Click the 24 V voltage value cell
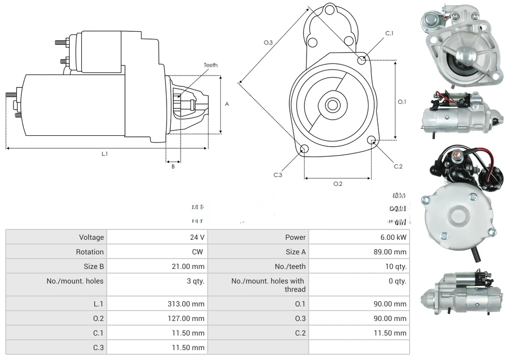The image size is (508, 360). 197,237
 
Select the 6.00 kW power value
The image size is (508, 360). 393,237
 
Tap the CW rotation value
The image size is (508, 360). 199,252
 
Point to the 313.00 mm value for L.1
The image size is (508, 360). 191,304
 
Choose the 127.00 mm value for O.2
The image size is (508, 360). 191,318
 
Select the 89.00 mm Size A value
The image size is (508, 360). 393,252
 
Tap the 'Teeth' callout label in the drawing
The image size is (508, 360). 211,65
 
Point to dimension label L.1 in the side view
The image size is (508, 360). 105,153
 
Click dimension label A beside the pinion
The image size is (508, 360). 227,104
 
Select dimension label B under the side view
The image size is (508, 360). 173,166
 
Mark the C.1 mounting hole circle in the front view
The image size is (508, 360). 362,60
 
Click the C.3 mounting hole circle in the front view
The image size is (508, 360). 304,150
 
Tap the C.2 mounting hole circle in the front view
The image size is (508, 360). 372,140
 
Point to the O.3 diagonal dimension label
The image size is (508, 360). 268,43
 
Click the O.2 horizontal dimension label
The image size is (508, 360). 338,183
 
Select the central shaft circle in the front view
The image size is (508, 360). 332,105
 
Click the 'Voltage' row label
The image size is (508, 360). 92,237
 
